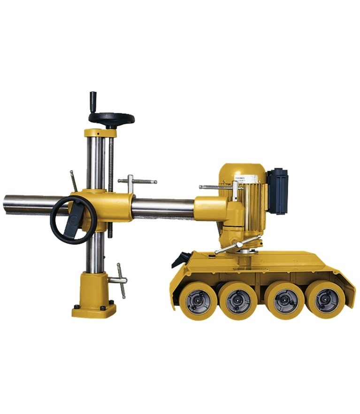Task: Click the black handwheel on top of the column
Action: [111, 117]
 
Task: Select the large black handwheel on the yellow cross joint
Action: [70, 220]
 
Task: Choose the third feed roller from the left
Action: [280, 300]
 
